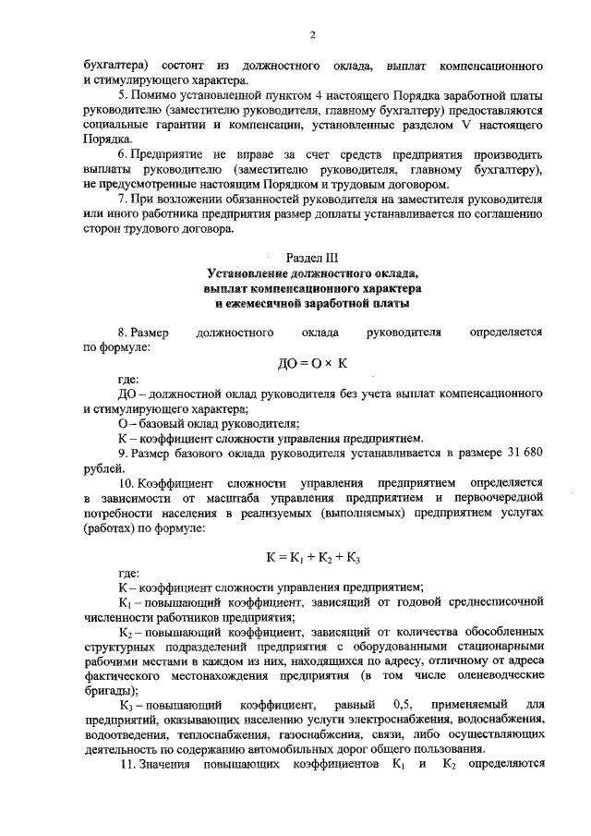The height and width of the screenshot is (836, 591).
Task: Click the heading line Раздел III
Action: click(x=313, y=260)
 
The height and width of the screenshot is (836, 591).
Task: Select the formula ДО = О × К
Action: click(x=312, y=364)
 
